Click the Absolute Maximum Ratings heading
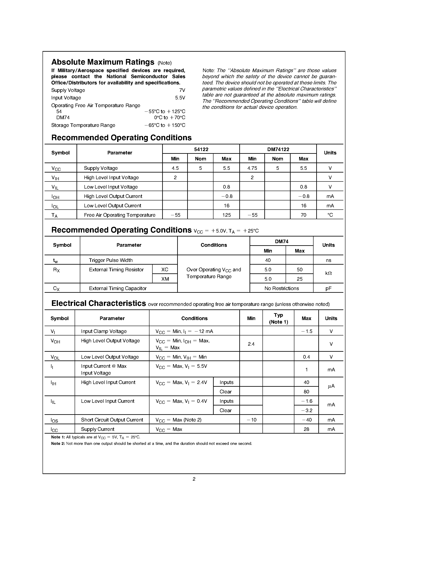[x=103, y=62]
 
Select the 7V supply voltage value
[x=182, y=90]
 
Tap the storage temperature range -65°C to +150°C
[x=165, y=125]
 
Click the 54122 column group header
[x=201, y=149]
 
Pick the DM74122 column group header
[x=278, y=149]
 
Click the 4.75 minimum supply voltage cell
[x=252, y=168]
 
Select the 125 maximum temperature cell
[x=226, y=215]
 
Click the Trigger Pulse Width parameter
[x=110, y=260]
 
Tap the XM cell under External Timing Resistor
[x=165, y=279]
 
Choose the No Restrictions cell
[x=281, y=288]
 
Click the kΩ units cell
[x=328, y=273]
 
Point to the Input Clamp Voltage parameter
[x=104, y=331]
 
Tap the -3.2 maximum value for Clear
[x=306, y=410]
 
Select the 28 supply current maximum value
[x=306, y=429]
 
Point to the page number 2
[x=194, y=479]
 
